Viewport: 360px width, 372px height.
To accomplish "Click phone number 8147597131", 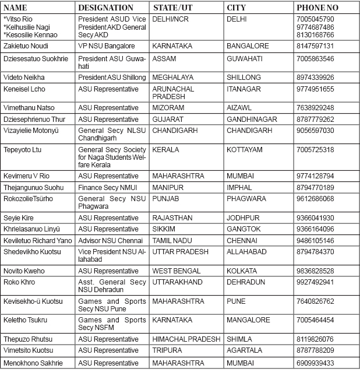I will pos(315,45).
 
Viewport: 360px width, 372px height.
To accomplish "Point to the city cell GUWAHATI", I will pos(248,59).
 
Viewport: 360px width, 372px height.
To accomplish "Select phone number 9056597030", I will pos(315,131).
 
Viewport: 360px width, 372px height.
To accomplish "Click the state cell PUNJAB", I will pos(165,199).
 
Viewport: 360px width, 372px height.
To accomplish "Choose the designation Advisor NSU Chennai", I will pos(110,240).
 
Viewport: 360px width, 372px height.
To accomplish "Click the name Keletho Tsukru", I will pos(26,320).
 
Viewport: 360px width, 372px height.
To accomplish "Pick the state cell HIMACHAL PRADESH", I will pos(186,339).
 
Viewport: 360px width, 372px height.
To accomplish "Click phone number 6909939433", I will pos(315,362).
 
